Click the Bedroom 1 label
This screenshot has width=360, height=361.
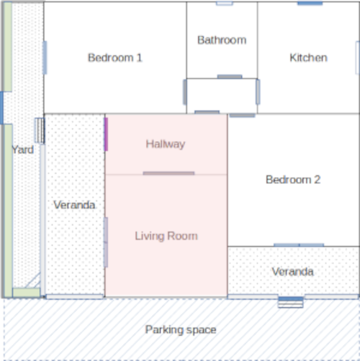pos(115,58)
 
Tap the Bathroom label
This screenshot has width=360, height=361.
pos(222,40)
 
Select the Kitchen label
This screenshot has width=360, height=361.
pos(308,58)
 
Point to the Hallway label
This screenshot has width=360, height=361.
pos(166,145)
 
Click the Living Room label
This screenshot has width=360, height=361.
pos(166,236)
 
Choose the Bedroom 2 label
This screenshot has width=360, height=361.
pos(293,180)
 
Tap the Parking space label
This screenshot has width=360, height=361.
pos(181,330)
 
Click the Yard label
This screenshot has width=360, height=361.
pos(23,150)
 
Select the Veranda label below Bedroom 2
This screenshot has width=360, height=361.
pos(292,272)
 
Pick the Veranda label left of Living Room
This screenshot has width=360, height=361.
pos(74,205)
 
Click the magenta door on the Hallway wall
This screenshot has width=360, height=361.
pos(106,134)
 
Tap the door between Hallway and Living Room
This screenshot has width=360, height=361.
pos(168,173)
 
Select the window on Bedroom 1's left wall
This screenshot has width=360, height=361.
pos(45,58)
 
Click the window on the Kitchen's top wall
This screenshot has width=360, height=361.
pos(310,3)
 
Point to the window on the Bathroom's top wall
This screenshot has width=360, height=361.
pos(225,4)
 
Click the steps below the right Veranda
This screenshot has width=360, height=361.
pos(291,303)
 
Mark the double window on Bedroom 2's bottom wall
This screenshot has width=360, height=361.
pos(299,245)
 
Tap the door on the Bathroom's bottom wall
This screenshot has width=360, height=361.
pos(230,76)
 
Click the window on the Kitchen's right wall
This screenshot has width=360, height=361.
pos(357,58)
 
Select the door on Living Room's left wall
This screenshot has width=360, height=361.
pos(106,242)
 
